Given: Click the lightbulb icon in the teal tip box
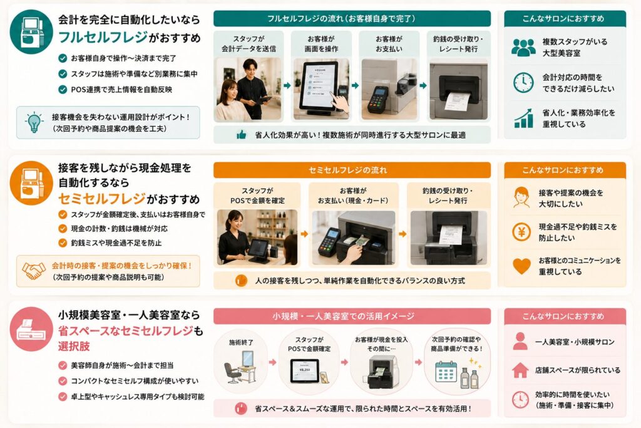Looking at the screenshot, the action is (x=35, y=122).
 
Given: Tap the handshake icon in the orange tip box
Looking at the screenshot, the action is (x=34, y=271).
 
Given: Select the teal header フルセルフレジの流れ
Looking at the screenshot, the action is (x=352, y=18).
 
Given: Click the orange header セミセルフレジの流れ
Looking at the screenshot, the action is (x=352, y=170).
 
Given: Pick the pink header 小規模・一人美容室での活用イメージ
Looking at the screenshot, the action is (x=352, y=316).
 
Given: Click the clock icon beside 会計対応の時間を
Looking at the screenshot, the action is (x=523, y=83).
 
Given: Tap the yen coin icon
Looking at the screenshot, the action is (x=521, y=232).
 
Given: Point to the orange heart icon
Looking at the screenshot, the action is (x=521, y=266).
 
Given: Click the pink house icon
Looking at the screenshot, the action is (x=520, y=370).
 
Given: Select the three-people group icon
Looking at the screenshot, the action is (x=523, y=48).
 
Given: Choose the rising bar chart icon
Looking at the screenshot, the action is (x=524, y=118).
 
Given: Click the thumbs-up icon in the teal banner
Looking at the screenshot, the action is (x=242, y=135).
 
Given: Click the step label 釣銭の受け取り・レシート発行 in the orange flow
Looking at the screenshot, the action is (x=448, y=196).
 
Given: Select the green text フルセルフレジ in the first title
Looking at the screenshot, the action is (x=103, y=37).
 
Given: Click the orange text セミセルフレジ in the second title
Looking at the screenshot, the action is (x=102, y=199).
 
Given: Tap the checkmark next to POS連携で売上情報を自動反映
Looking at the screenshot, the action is (x=63, y=89).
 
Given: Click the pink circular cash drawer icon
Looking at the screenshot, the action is (x=31, y=329).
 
